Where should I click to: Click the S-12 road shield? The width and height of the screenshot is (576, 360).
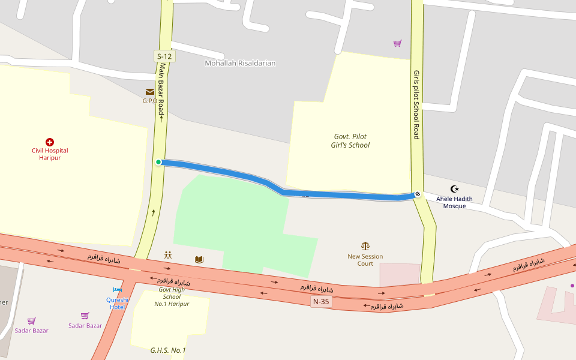click(x=164, y=56)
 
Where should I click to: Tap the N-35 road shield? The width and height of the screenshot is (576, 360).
click(x=321, y=302)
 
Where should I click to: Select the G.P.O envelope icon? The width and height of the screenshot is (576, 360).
click(x=149, y=92)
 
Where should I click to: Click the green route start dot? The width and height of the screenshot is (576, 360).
click(x=158, y=162)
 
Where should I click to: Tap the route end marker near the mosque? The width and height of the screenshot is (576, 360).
click(x=417, y=194)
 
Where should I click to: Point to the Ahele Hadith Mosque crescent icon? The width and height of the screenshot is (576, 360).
click(x=454, y=189)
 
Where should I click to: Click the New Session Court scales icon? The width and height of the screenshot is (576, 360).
click(x=365, y=246)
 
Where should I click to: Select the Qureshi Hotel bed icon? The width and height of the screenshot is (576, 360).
click(x=118, y=290)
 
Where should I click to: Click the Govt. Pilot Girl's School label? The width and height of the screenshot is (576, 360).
click(x=350, y=140)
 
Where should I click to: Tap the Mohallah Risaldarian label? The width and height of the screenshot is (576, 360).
click(x=240, y=63)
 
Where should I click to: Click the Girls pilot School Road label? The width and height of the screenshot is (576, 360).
click(x=416, y=104)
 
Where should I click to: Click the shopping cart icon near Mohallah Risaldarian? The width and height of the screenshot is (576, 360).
click(x=397, y=43)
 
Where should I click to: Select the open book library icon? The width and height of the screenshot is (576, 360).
click(x=199, y=259)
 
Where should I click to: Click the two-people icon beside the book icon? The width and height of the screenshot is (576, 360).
click(x=168, y=255)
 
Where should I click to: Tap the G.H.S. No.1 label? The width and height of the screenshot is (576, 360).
click(x=168, y=350)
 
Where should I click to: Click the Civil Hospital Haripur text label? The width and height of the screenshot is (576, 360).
click(x=50, y=154)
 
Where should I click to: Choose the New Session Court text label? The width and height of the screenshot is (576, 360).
click(x=365, y=260)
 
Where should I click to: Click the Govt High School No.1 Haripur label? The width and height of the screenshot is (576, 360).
click(x=172, y=296)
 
